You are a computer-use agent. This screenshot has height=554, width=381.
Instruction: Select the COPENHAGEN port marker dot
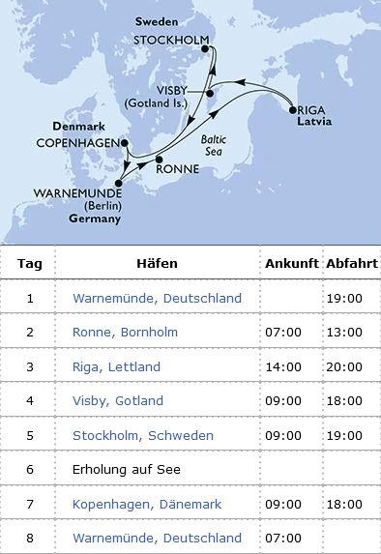point(124,143)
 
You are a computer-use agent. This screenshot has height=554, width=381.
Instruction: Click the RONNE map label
point(177,167)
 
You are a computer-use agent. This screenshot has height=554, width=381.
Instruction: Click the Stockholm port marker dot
point(205,49)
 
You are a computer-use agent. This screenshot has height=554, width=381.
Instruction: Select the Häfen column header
point(157,264)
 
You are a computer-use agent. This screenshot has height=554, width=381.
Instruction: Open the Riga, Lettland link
point(116,366)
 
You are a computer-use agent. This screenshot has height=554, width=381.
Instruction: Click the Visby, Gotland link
point(118,400)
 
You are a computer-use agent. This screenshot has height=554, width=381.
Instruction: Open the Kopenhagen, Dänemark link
point(147,504)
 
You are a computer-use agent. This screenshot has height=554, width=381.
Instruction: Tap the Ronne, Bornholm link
point(123,332)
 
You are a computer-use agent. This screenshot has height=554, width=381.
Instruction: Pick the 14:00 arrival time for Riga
point(283,366)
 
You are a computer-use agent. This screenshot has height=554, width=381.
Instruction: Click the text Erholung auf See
point(126,469)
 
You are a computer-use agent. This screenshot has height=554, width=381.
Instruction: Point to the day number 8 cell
point(29,538)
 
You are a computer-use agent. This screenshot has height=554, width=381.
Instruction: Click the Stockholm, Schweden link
point(143,435)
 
